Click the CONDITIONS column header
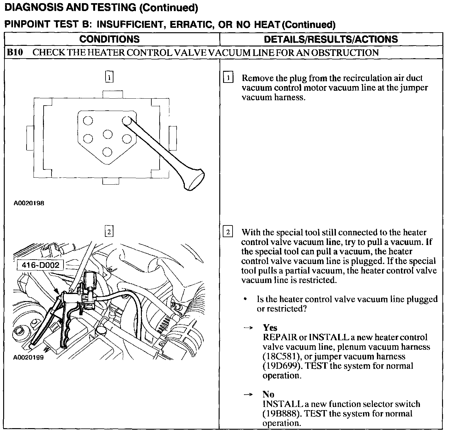pos(109,39)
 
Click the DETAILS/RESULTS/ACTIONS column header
pos(331,39)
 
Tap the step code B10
pos(15,52)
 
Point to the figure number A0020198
pos(29,203)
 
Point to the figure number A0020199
pos(29,358)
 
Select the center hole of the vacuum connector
pos(107,134)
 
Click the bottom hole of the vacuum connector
pos(107,152)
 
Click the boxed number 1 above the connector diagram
pos(109,77)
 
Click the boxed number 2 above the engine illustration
pos(109,232)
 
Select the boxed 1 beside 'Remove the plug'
pos(228,77)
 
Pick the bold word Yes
pos(270,328)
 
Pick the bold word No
pos(268,394)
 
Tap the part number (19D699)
pos(281,366)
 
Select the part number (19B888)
pos(280,414)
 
